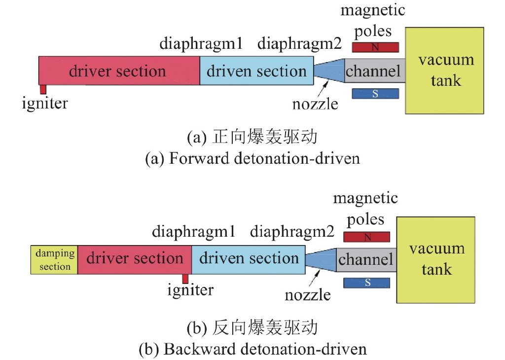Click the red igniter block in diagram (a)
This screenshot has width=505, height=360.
(43, 89)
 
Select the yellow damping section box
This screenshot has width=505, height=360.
(54, 259)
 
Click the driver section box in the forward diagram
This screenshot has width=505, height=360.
(119, 71)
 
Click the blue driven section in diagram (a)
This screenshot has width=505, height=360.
(256, 71)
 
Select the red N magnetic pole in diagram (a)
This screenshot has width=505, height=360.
(375, 47)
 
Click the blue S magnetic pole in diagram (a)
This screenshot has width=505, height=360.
(375, 93)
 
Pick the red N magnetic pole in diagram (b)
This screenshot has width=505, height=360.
(366, 237)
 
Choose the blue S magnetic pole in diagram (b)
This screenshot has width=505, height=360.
(366, 283)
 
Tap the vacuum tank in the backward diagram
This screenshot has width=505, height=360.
(436, 259)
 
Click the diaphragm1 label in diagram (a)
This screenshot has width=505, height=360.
(201, 44)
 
